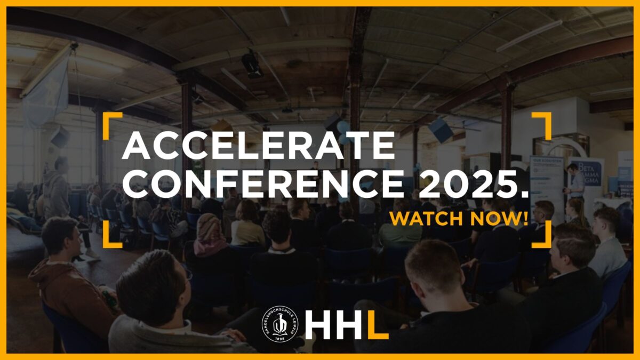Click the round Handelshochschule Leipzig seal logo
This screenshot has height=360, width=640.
point(280,324)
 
